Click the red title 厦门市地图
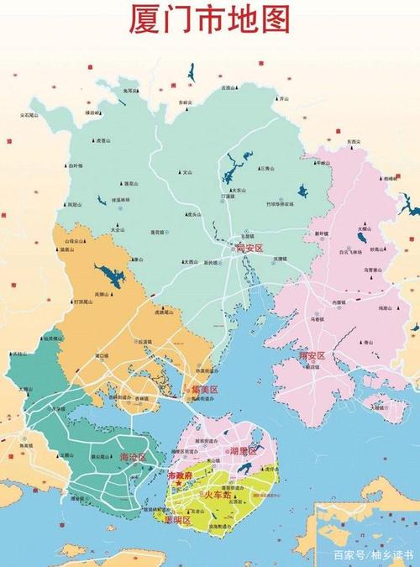[x=209, y=19]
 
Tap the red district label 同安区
[x=250, y=249]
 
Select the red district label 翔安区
[x=312, y=356]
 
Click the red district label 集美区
[x=203, y=390]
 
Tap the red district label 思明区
[x=176, y=520]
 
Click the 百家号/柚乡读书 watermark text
[x=373, y=555]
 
